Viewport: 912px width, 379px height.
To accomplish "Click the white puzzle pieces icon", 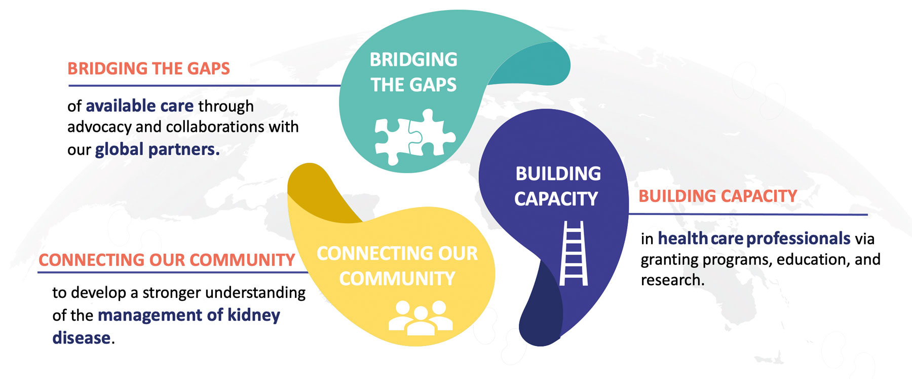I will click(414, 136).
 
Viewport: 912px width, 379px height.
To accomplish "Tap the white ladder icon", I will click(574, 253).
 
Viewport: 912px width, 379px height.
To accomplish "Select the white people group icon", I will click(420, 318).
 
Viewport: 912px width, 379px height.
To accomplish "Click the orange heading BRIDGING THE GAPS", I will click(148, 68).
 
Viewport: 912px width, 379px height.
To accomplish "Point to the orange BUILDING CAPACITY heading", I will click(717, 196).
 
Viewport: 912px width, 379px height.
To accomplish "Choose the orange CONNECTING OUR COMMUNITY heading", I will click(167, 260).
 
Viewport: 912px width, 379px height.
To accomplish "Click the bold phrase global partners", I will click(157, 150).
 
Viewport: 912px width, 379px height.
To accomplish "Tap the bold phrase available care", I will click(139, 106).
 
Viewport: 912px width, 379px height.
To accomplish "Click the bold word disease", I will click(81, 338).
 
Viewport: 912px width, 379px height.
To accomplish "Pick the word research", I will click(672, 280).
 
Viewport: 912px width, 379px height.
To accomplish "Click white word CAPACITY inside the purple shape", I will click(556, 199).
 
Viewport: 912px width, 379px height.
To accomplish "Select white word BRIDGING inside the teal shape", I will click(413, 60).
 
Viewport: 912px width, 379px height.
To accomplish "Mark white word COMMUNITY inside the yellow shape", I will click(397, 279).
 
